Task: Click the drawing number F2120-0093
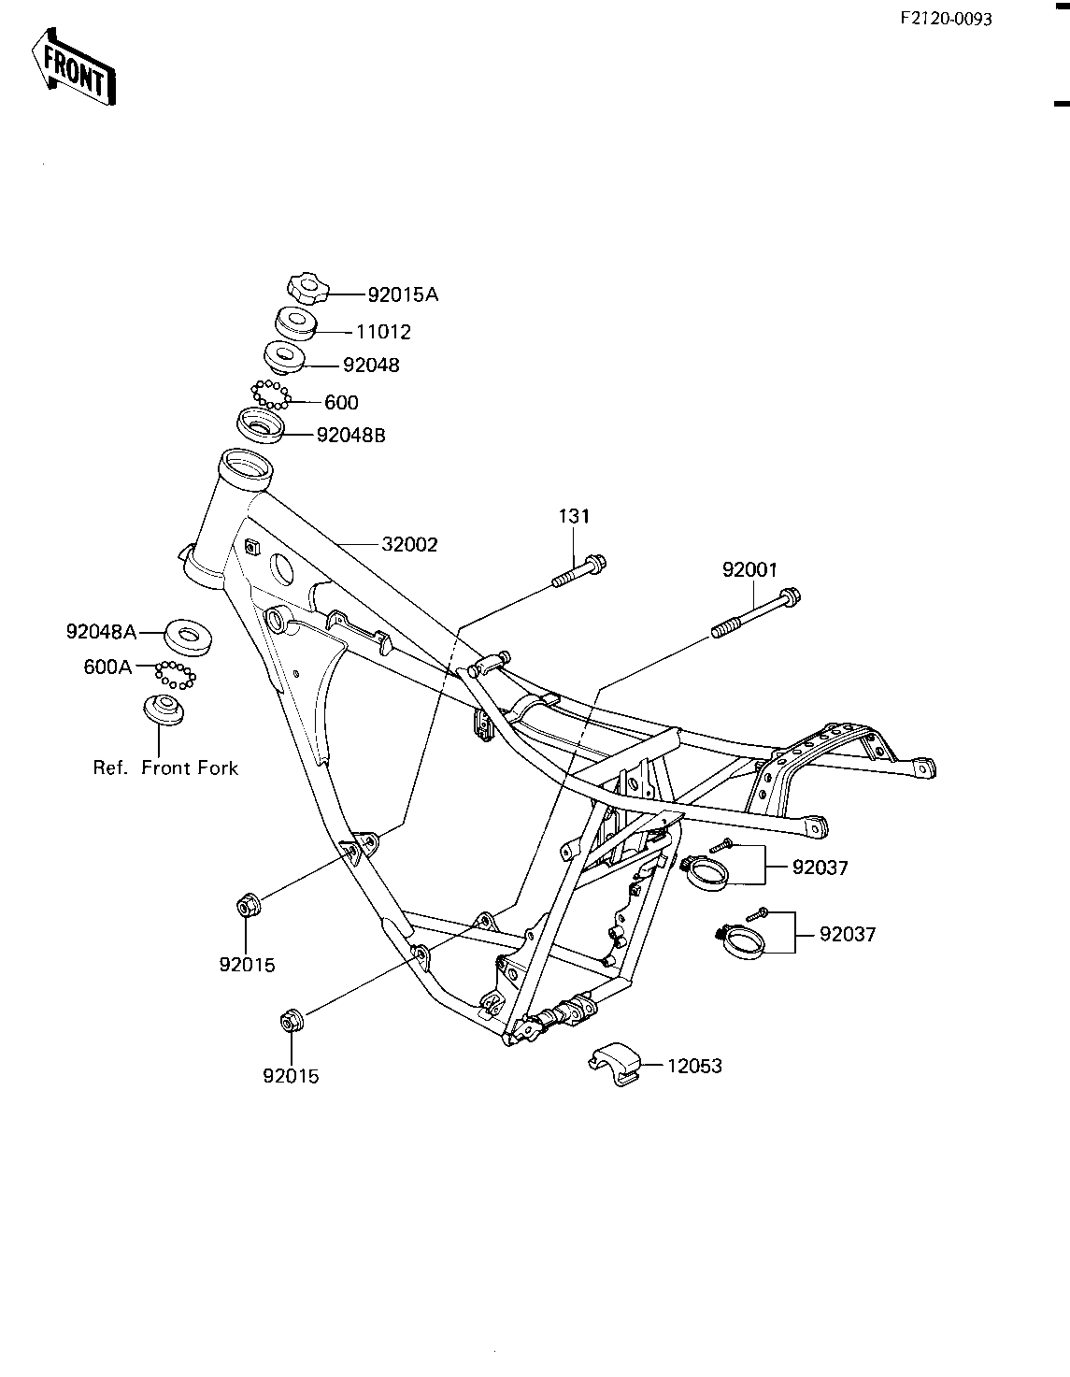[947, 19]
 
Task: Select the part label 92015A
[403, 295]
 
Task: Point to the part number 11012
[382, 332]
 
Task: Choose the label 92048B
[350, 435]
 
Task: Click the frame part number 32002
[409, 544]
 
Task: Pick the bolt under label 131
[579, 570]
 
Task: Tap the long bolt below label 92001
[758, 611]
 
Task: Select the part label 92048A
[101, 632]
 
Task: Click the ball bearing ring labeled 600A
[175, 673]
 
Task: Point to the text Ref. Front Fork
[165, 767]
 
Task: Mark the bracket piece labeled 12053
[614, 1062]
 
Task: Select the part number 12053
[694, 1066]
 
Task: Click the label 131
[575, 516]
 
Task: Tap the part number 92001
[749, 569]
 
